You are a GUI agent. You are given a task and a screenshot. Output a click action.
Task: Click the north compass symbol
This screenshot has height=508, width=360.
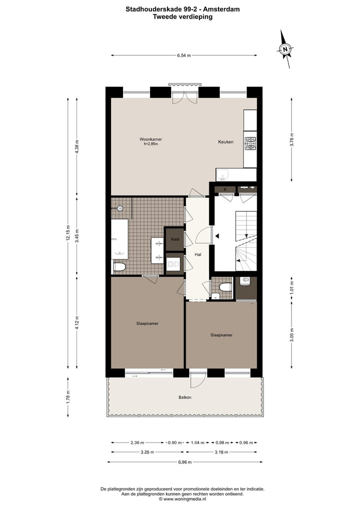pos(285,49)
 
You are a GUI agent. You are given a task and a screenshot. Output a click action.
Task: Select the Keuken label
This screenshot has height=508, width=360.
pos(225,142)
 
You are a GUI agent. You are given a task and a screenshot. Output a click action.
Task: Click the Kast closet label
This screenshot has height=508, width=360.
pos(175,239)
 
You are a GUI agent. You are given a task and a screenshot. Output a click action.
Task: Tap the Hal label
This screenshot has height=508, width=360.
pos(198,255)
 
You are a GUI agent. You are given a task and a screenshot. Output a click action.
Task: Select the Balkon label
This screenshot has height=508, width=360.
pos(185,398)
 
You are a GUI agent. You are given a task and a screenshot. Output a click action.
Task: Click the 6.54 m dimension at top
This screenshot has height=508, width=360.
pos(184,56)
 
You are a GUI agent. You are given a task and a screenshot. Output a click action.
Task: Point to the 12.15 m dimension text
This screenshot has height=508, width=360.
pos(67,232)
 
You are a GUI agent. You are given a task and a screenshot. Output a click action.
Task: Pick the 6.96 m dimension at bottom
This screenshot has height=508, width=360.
pos(184,462)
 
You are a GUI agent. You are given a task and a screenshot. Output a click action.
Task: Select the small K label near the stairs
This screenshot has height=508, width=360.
pos(225,189)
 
